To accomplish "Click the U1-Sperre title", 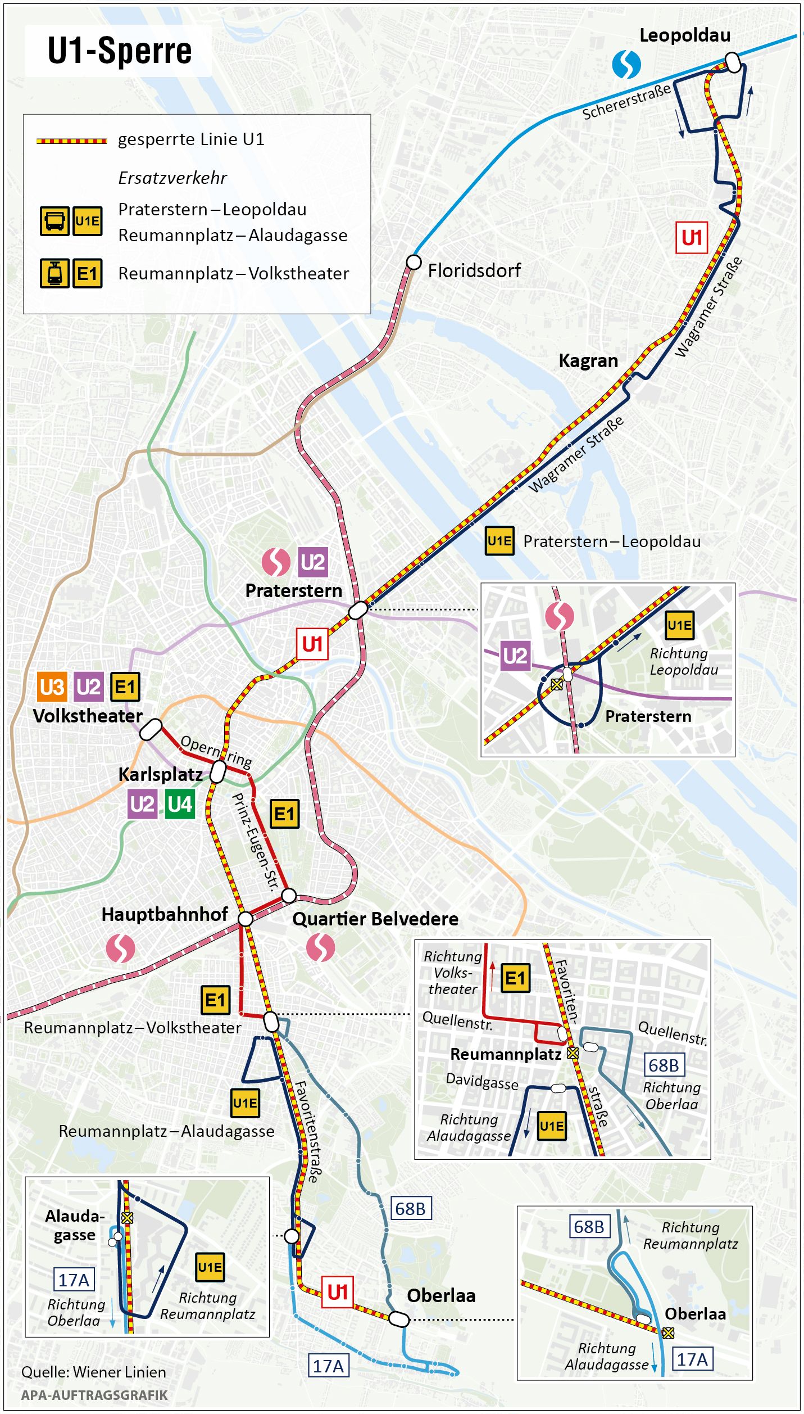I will (x=119, y=51).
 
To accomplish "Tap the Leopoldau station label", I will (x=684, y=35).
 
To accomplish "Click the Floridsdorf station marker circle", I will (x=414, y=262).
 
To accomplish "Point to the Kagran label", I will (x=588, y=360).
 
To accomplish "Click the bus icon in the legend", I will (x=54, y=220).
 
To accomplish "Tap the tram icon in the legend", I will (x=54, y=273).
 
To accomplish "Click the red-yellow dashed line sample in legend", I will (x=71, y=141).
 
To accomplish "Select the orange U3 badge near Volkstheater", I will (x=52, y=687).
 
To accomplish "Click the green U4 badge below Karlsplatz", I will (x=180, y=804).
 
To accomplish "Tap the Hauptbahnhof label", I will (x=164, y=914).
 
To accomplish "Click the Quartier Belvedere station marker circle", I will (x=289, y=895).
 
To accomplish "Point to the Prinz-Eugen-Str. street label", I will (x=256, y=842).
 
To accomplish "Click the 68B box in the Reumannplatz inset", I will (x=664, y=1065).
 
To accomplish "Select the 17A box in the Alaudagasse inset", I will (x=74, y=1280).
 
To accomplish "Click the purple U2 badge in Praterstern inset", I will (x=515, y=656).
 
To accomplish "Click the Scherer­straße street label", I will (x=626, y=102).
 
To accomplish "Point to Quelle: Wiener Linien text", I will (x=93, y=1372).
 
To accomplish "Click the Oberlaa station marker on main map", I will (x=399, y=1318).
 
